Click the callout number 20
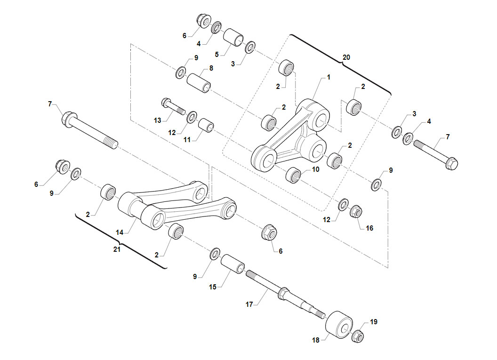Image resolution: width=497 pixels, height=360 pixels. (346, 57)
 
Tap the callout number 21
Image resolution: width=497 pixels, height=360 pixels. (117, 249)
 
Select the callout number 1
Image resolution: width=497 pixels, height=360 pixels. (329, 77)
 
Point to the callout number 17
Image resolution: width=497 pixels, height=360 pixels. (249, 304)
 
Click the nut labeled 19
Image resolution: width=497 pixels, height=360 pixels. (357, 336)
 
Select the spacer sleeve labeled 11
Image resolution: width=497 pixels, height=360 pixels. (206, 125)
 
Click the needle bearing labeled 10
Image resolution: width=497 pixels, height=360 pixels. (294, 175)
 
